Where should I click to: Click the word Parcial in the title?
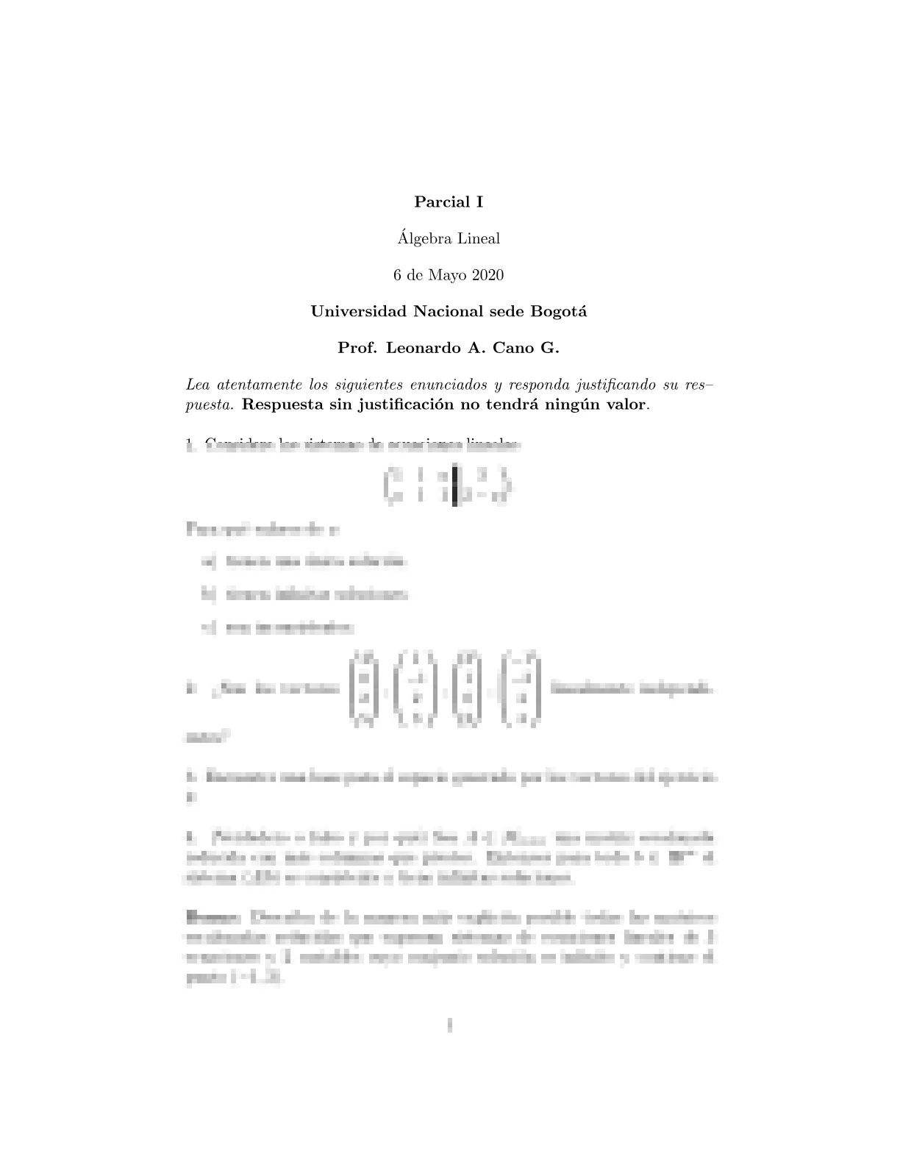438,202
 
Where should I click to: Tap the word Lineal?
478,238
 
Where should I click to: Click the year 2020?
487,275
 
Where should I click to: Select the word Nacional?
448,311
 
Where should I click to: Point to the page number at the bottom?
449,1025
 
